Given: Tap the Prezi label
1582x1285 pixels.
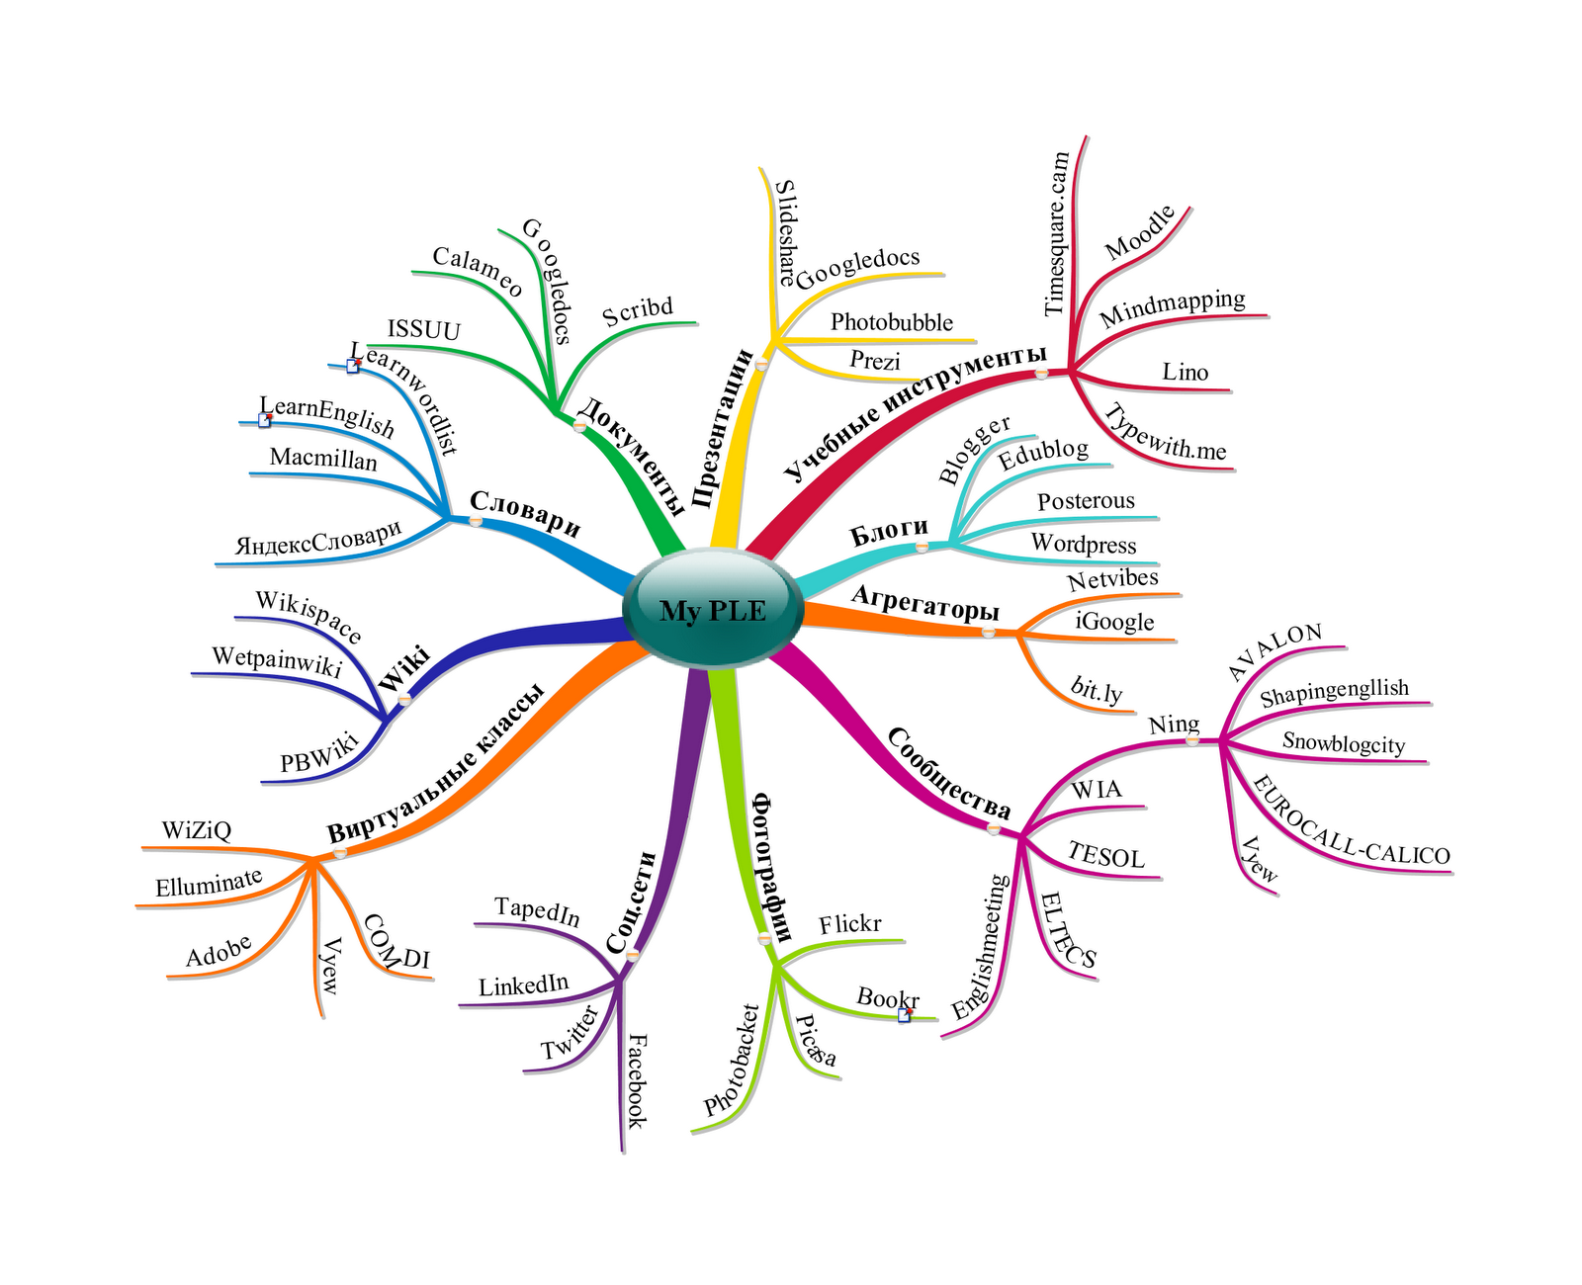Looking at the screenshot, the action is point(875,361).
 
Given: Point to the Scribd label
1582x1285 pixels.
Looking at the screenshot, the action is point(638,311).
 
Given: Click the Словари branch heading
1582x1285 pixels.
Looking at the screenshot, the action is point(525,513).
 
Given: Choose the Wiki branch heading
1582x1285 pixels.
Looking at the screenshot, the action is point(403,668).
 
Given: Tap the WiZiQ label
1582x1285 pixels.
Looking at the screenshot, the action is point(197,830).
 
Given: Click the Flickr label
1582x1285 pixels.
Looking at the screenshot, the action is point(849,924).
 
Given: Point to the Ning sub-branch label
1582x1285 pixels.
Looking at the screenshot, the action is point(1174,725).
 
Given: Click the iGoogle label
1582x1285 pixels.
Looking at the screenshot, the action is point(1114,622).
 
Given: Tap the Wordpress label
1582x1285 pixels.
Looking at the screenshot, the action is point(1084,544).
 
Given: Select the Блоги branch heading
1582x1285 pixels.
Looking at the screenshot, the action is point(889,532).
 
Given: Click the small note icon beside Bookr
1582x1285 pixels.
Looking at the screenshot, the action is point(904,1015).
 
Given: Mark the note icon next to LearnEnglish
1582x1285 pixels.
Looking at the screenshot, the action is point(264,420).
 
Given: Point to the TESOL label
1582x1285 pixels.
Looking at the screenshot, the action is point(1105,856).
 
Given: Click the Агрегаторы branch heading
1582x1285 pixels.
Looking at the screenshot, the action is point(924,602).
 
